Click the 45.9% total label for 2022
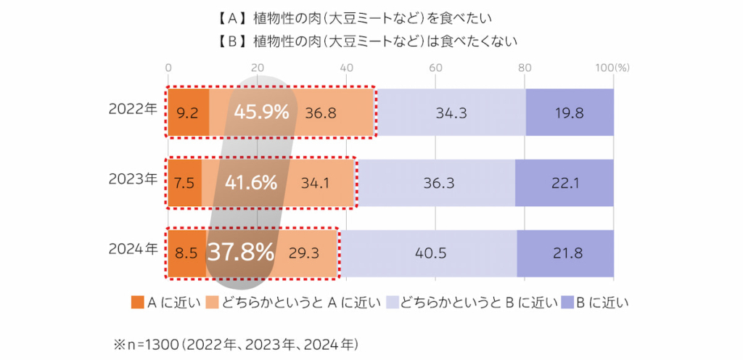pos(261,112)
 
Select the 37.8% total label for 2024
pos(241,252)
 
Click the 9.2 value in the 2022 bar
pos(189,113)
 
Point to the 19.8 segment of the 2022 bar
pos(570,113)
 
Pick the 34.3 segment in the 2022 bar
pos(451,113)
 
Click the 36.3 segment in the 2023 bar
pos(439,183)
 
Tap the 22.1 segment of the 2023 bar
pos(564,183)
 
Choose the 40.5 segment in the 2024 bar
pos(430,253)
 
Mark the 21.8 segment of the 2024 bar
pos(565,253)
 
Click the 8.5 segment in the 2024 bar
pos(186,253)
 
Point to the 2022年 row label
pos(132,110)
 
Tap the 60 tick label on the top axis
pos(435,67)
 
